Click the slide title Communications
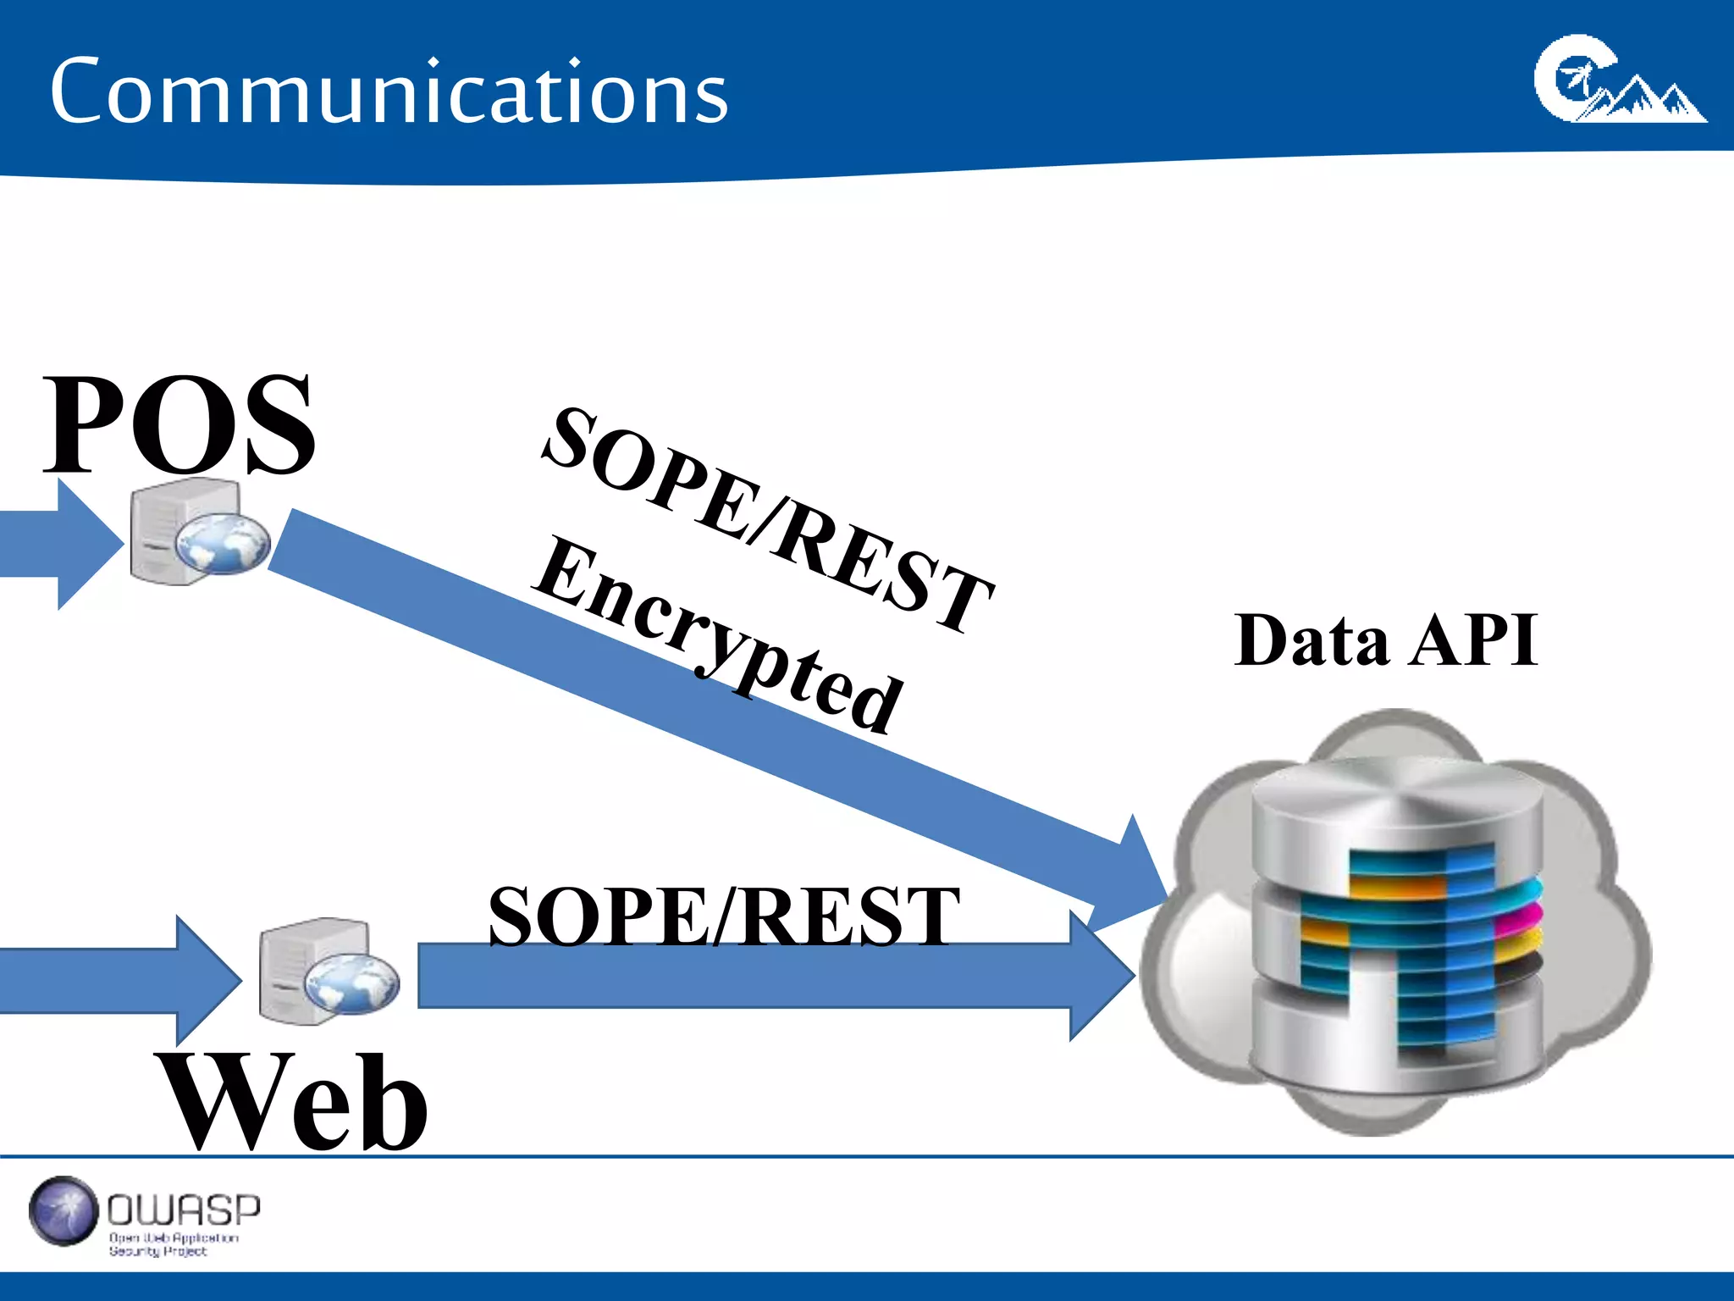(x=389, y=91)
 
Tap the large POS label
(x=179, y=425)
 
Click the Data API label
(x=1386, y=640)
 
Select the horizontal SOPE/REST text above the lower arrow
(x=724, y=916)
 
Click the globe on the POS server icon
(x=224, y=543)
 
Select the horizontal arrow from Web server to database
(x=762, y=976)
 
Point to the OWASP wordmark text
(x=184, y=1210)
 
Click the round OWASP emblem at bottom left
(x=64, y=1211)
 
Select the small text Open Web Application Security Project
(x=174, y=1244)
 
